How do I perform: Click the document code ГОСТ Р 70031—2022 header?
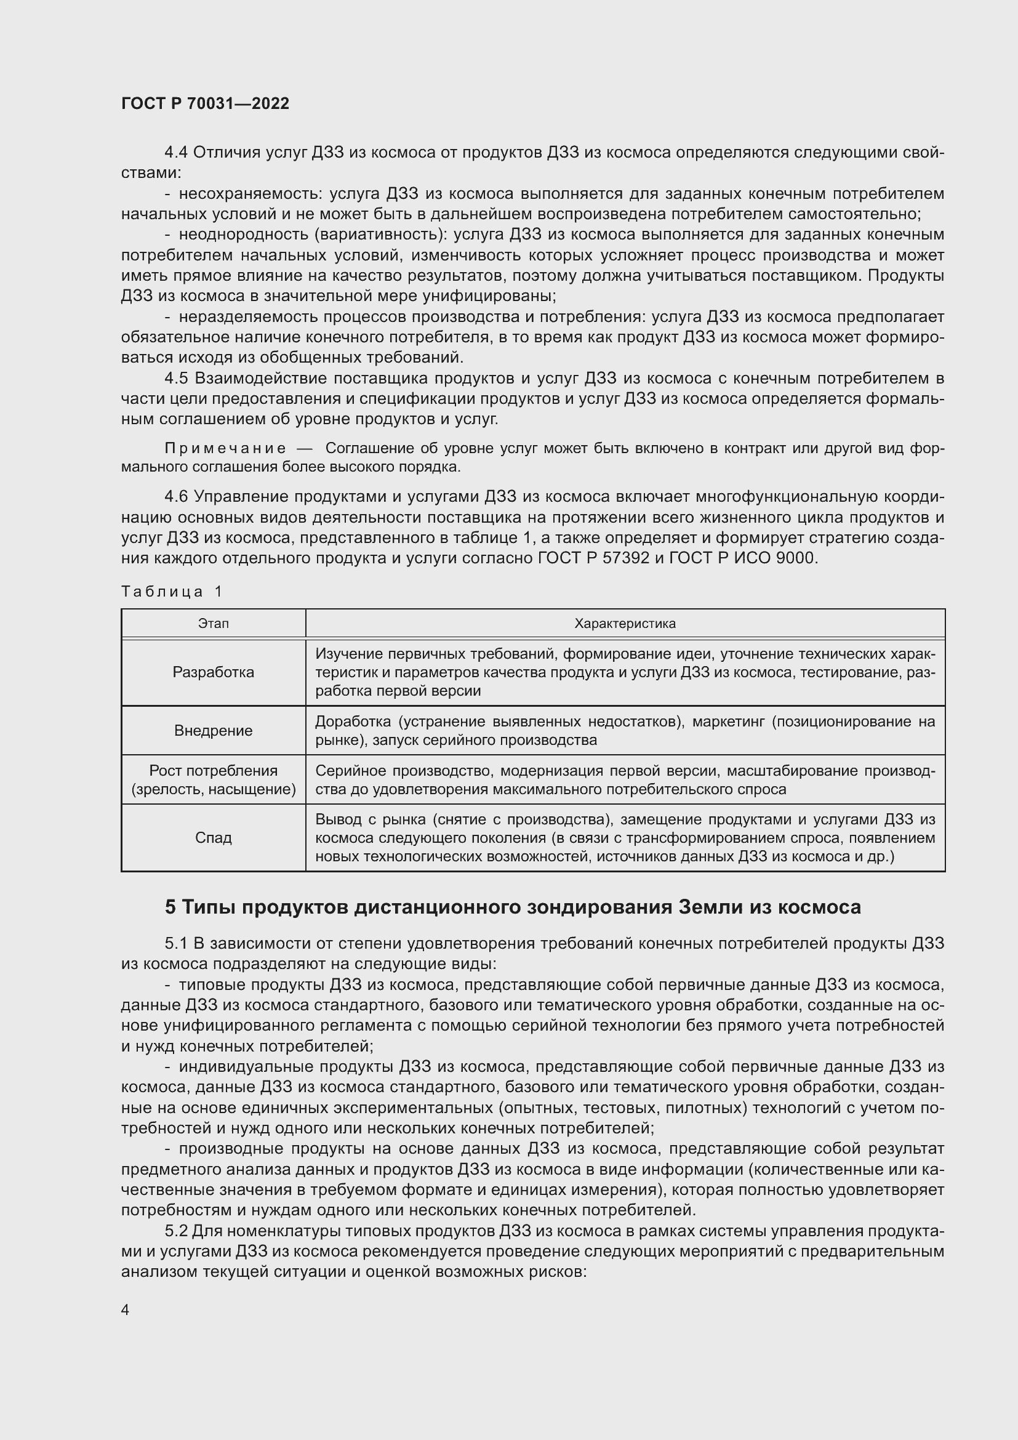coord(205,103)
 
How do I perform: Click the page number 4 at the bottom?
coord(125,1309)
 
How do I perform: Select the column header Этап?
coord(213,624)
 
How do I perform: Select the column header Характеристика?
coord(625,624)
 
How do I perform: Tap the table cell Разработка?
coord(213,672)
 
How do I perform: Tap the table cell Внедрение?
coord(213,731)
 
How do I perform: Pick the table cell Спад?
coord(213,837)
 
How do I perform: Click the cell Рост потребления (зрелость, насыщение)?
coord(213,779)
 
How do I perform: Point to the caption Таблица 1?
coord(171,592)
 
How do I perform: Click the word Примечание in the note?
coord(225,448)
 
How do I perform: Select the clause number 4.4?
coord(176,153)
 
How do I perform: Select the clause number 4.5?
coord(176,378)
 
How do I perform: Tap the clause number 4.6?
coord(176,497)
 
